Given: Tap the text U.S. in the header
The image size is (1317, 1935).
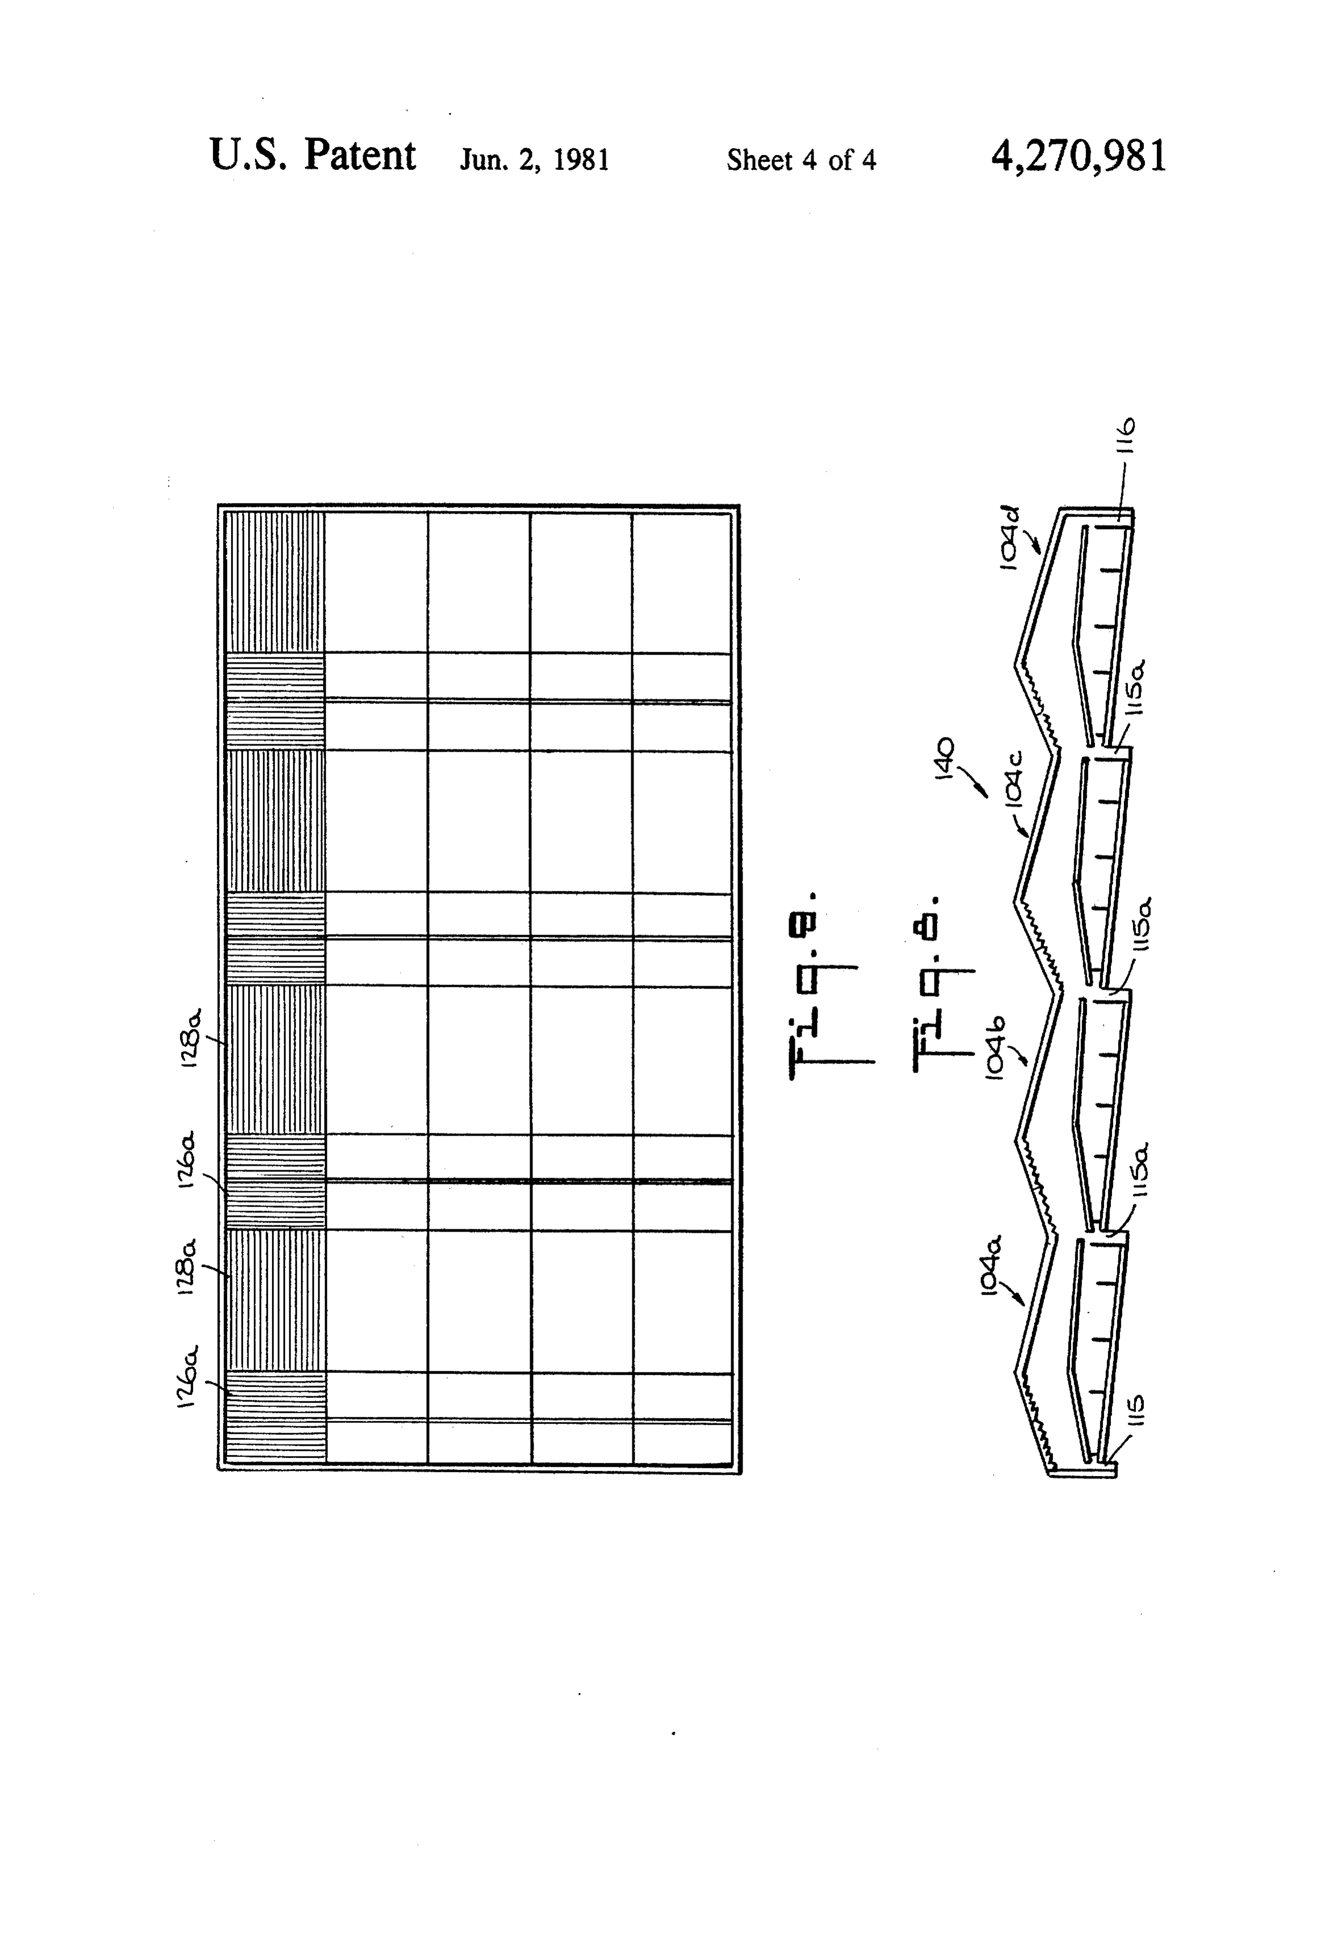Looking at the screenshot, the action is pyautogui.click(x=249, y=155).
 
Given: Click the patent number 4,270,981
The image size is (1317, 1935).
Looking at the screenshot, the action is pyautogui.click(x=1079, y=156).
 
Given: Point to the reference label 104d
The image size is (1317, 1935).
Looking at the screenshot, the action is pyautogui.click(x=1009, y=539).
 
